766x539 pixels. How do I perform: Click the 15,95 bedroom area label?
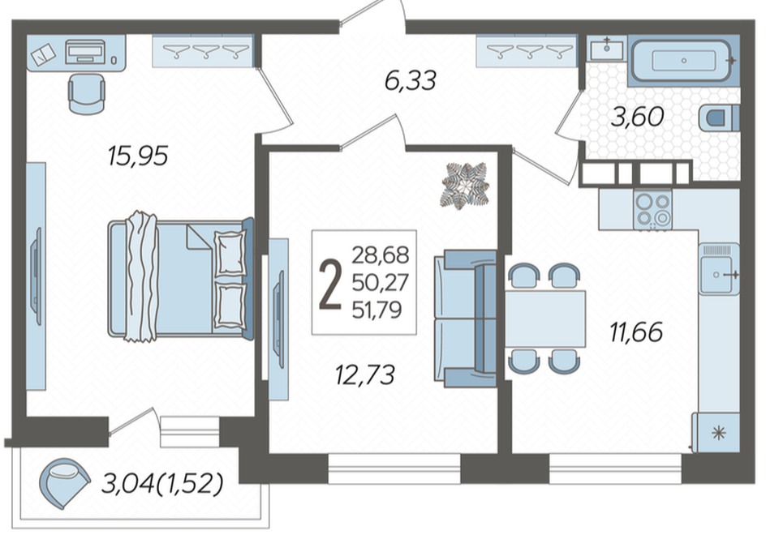(138, 156)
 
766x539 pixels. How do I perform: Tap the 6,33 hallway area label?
(411, 80)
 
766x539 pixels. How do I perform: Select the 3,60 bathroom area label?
(638, 117)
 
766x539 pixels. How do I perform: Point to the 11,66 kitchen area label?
(636, 332)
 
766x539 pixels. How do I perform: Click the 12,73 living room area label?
(365, 375)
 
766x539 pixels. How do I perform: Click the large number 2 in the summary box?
(330, 284)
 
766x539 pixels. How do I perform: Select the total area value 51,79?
(377, 310)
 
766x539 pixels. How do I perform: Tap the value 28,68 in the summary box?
(381, 255)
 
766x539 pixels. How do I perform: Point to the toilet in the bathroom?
(719, 118)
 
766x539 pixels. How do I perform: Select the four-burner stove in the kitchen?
(652, 210)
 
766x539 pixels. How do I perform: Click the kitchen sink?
(719, 269)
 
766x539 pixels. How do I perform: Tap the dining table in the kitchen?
(544, 319)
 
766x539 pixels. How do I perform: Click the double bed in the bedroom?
(181, 277)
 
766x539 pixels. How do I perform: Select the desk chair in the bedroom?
(87, 94)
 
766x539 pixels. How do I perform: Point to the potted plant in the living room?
(465, 186)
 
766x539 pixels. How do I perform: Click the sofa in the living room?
(466, 319)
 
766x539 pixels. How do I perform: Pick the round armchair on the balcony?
(64, 482)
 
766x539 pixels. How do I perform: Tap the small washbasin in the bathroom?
(607, 49)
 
